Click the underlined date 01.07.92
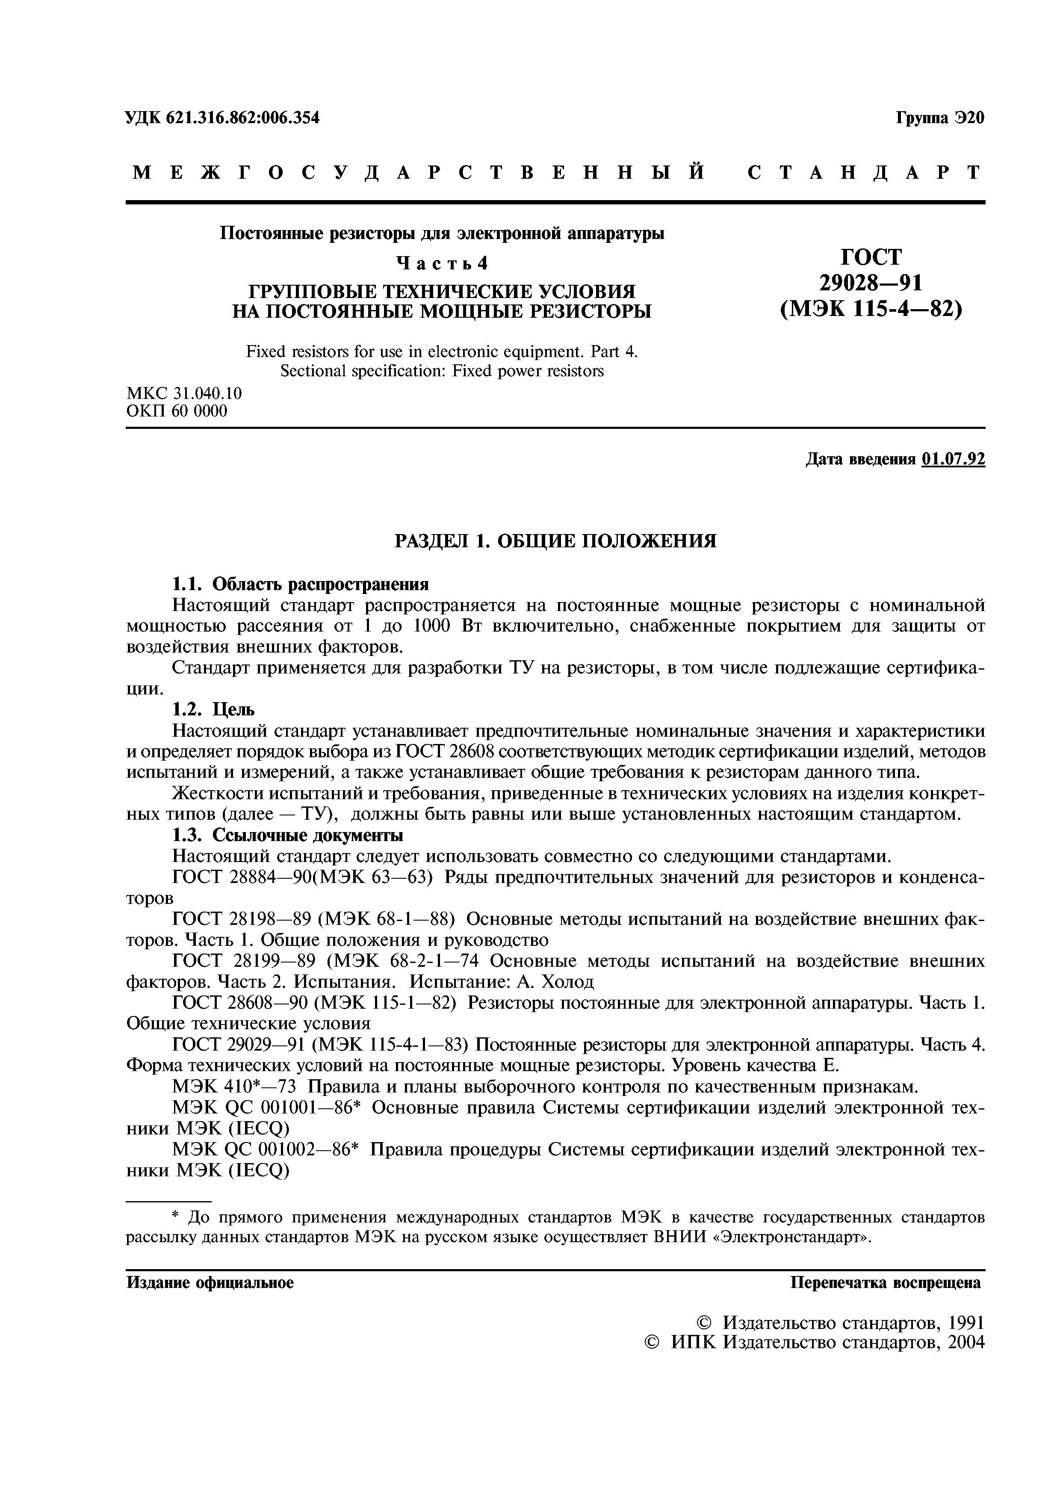click(x=953, y=459)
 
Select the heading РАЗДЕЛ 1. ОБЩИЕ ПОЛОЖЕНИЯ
click(x=556, y=541)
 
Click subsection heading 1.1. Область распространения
click(x=301, y=583)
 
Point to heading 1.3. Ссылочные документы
click(x=287, y=835)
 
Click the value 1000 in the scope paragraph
click(x=432, y=626)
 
